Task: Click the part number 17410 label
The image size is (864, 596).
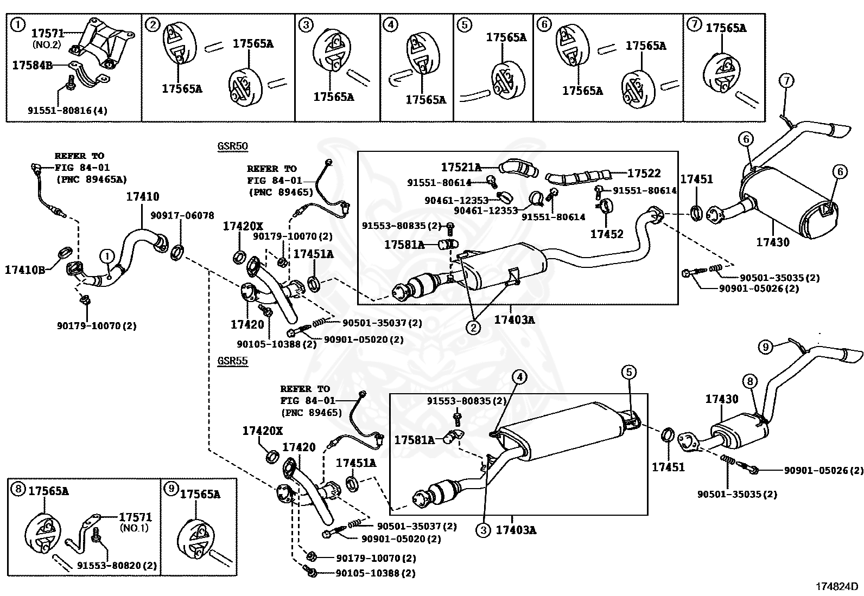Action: [x=143, y=197]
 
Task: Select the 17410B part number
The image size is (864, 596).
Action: [x=26, y=268]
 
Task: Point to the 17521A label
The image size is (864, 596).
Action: [x=461, y=167]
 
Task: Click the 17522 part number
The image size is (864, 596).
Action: [x=644, y=174]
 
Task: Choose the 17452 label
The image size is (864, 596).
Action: [x=607, y=234]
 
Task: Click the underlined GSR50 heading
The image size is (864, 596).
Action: [x=232, y=146]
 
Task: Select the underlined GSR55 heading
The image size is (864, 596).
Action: [x=232, y=361]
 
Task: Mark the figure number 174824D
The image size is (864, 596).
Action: [x=837, y=586]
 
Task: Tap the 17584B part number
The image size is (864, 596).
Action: [x=33, y=66]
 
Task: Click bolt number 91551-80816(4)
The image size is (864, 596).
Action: [x=67, y=111]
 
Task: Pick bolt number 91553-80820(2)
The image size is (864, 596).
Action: [x=117, y=565]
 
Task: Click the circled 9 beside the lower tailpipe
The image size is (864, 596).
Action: [x=765, y=346]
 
